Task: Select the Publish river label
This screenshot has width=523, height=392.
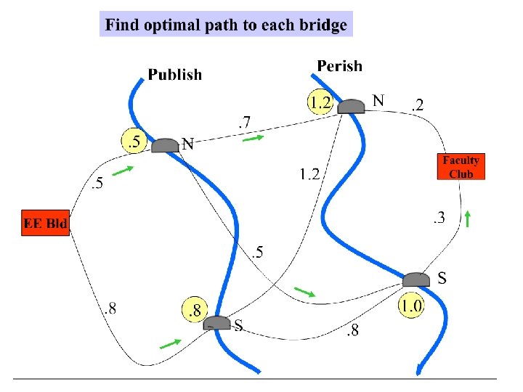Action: pyautogui.click(x=175, y=74)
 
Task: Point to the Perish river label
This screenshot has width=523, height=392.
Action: pyautogui.click(x=339, y=66)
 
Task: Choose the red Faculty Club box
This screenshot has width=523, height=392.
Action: pyautogui.click(x=461, y=167)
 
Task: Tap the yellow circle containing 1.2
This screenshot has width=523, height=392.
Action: pyautogui.click(x=319, y=102)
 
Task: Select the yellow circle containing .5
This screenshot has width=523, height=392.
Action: pyautogui.click(x=134, y=142)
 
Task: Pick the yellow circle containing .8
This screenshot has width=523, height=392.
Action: pyautogui.click(x=194, y=310)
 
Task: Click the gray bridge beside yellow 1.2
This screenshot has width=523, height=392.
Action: pyautogui.click(x=352, y=106)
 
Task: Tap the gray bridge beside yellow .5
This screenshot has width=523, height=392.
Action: pyautogui.click(x=166, y=145)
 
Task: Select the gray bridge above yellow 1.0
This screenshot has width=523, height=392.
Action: pyautogui.click(x=416, y=279)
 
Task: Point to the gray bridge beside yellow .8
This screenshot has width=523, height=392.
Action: pyautogui.click(x=216, y=322)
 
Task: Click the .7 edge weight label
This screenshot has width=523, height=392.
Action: pyautogui.click(x=245, y=125)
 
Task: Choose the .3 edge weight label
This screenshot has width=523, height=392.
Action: pyautogui.click(x=439, y=216)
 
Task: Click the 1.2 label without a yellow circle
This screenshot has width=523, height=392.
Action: pyautogui.click(x=310, y=174)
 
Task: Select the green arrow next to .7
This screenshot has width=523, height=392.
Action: pyautogui.click(x=252, y=139)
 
